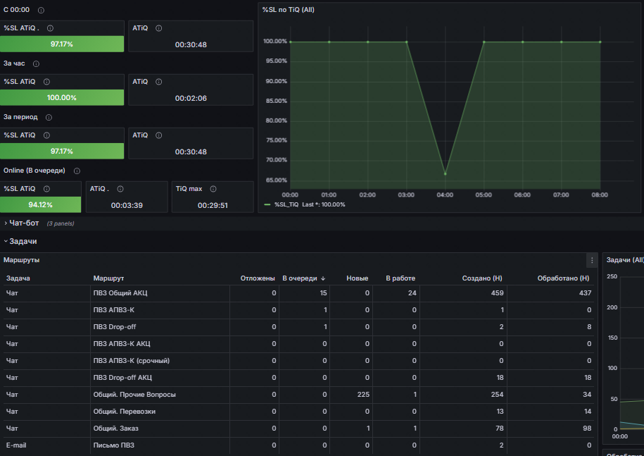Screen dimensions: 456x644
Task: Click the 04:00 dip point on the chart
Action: pyautogui.click(x=445, y=173)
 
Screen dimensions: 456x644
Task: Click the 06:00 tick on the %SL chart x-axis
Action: pyautogui.click(x=522, y=195)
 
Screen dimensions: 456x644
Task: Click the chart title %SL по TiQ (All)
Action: pyautogui.click(x=288, y=9)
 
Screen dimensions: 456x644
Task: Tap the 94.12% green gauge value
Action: pyautogui.click(x=41, y=205)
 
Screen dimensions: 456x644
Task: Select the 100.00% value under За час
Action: pyautogui.click(x=62, y=98)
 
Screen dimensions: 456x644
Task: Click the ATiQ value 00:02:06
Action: pyautogui.click(x=191, y=98)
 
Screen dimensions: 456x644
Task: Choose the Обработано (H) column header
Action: pyautogui.click(x=562, y=278)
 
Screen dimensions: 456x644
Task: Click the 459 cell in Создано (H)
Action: pyautogui.click(x=497, y=292)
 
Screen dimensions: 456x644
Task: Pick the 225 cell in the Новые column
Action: pyautogui.click(x=363, y=394)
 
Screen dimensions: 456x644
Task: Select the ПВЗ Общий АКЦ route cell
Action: pyautogui.click(x=120, y=292)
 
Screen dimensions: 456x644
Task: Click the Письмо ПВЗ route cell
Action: pyautogui.click(x=113, y=445)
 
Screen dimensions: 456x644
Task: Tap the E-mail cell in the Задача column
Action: pyautogui.click(x=15, y=445)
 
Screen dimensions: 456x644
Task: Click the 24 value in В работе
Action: pyautogui.click(x=412, y=292)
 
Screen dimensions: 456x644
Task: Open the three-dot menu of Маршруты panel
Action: pyautogui.click(x=592, y=260)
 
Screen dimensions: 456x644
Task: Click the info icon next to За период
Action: pyautogui.click(x=49, y=117)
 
